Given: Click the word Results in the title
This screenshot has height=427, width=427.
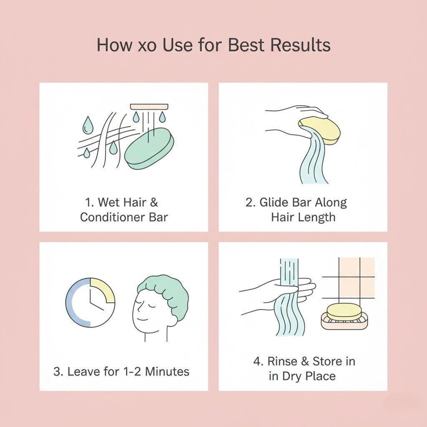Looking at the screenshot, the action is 300,45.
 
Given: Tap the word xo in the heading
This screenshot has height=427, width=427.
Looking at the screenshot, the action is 147,46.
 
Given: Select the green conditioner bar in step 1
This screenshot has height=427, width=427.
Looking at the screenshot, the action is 149,149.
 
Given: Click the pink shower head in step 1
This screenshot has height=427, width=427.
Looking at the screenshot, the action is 149,107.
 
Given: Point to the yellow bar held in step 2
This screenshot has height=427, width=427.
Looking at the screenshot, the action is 319,130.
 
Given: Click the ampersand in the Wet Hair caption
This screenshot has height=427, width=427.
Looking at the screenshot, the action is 154,202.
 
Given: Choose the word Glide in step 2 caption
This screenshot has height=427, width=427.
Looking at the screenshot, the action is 274,202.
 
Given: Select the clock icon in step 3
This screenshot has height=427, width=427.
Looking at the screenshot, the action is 90,303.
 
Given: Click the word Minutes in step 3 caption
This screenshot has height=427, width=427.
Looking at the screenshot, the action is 167,371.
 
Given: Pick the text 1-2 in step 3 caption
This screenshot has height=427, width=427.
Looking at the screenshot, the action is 132,371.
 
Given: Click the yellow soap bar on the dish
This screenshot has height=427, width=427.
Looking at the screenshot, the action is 344,312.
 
